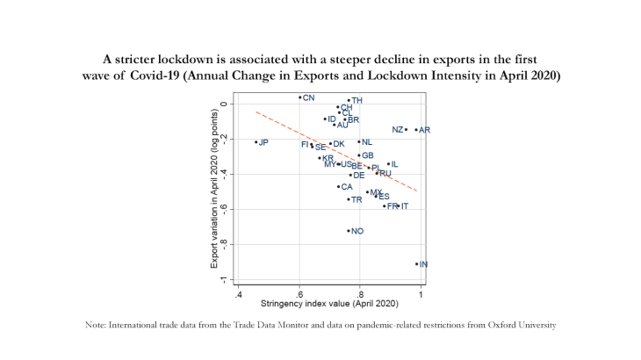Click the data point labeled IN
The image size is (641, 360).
[417, 263]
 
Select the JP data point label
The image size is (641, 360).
[263, 142]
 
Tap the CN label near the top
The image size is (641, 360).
[308, 97]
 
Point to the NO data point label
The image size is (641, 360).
[357, 231]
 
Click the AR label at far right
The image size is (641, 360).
[425, 130]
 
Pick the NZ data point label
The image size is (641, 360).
[398, 130]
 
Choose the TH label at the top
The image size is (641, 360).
[357, 101]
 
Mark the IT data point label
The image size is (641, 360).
[404, 206]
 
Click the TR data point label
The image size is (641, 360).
[357, 200]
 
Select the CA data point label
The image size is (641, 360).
[346, 187]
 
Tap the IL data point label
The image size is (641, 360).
[394, 164]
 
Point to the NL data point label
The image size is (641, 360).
[366, 142]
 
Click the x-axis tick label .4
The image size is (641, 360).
[238, 294]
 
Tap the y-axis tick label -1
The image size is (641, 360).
[224, 280]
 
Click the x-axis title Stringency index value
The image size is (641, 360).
[329, 304]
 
